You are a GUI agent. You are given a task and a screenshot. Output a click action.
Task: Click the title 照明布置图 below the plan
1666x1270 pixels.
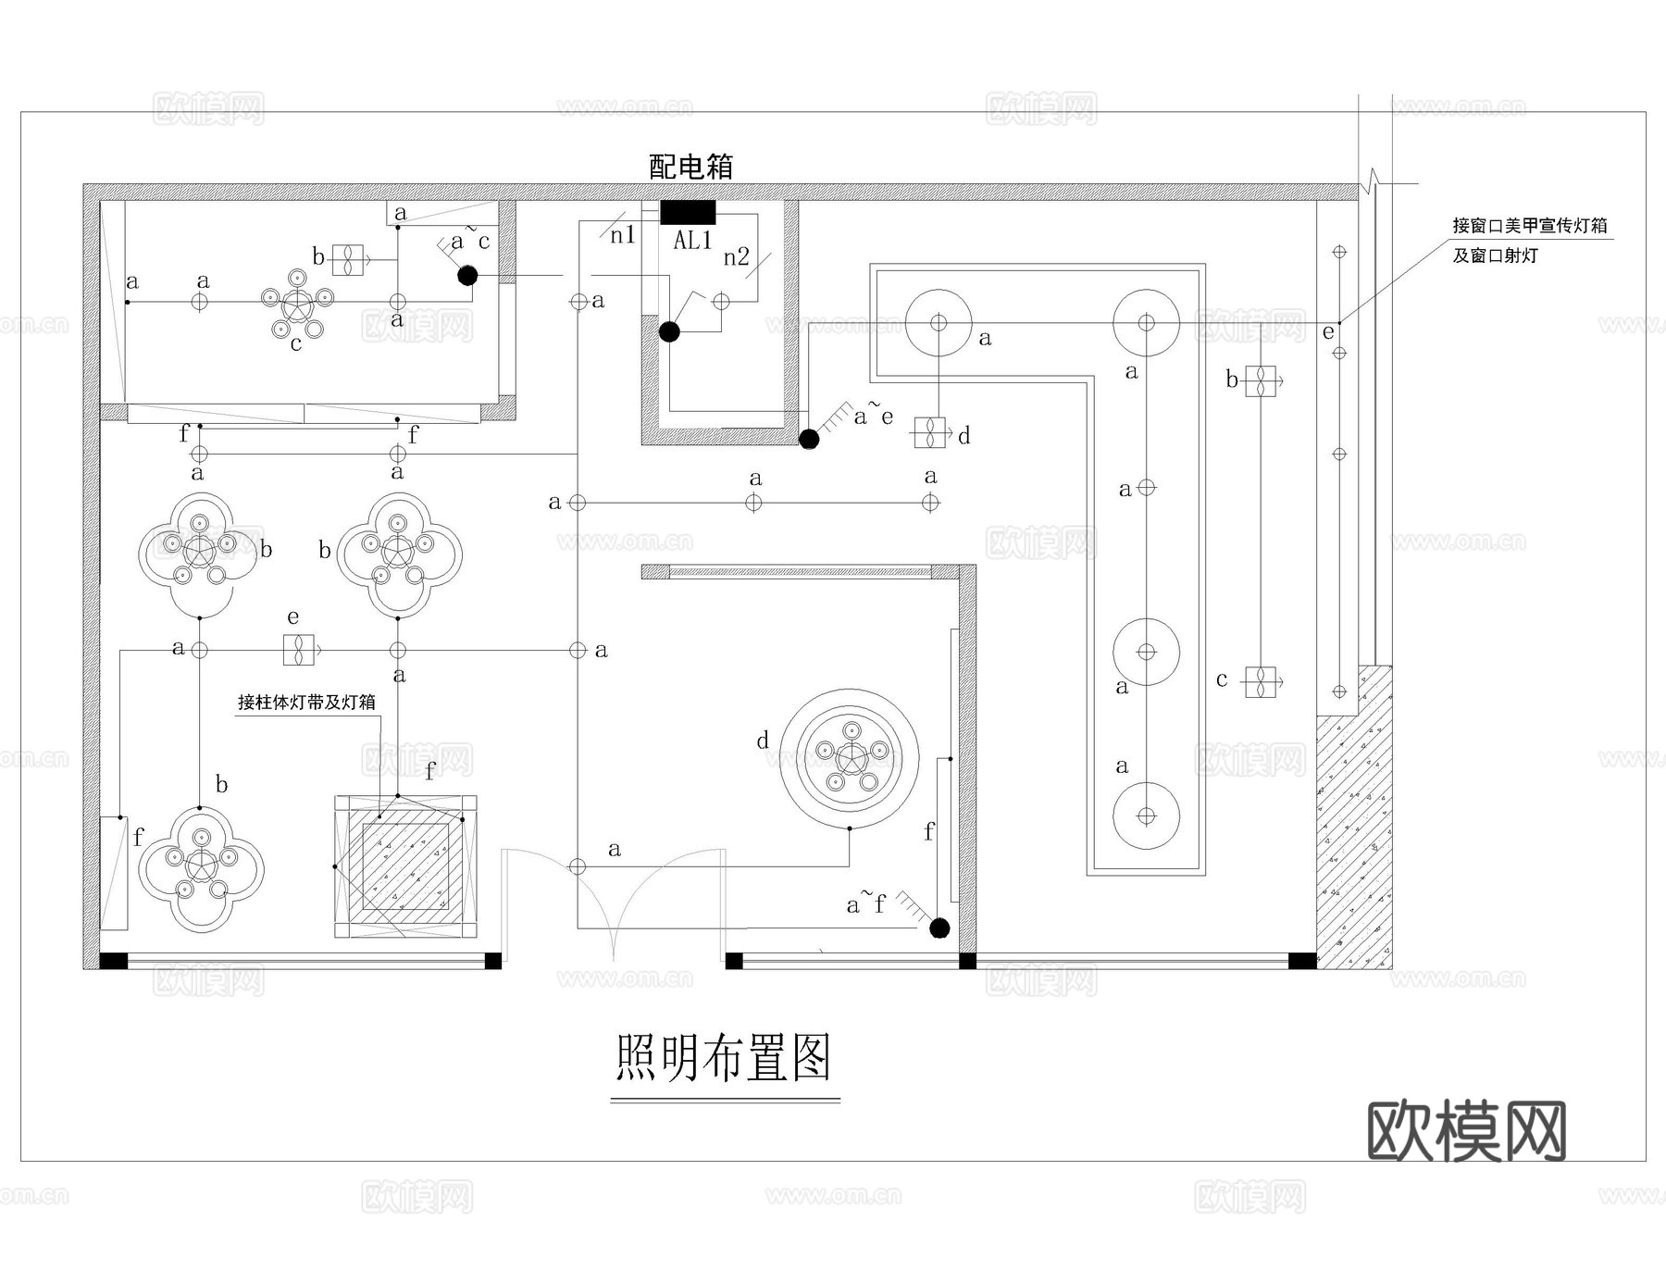click(724, 1057)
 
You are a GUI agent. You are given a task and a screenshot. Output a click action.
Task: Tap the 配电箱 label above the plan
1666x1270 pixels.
click(690, 167)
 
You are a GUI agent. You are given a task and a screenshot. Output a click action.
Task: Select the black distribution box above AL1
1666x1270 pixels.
click(688, 212)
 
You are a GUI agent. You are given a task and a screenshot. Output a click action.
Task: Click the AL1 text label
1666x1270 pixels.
click(692, 241)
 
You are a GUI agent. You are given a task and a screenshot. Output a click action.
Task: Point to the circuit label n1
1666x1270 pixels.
click(623, 235)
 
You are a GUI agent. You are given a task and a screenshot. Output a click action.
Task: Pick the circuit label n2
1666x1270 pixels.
click(736, 256)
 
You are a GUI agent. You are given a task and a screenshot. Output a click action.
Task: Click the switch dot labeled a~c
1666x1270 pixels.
click(467, 275)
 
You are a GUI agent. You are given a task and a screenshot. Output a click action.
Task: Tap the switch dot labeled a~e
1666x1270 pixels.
click(809, 439)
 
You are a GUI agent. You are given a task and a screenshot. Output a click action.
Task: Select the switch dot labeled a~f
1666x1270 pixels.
click(939, 928)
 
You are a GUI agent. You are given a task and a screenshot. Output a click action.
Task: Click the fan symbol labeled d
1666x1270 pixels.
click(930, 432)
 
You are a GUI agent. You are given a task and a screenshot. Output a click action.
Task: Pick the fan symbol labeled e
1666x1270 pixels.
click(299, 650)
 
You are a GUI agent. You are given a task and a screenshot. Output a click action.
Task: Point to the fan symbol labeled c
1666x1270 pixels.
click(1260, 682)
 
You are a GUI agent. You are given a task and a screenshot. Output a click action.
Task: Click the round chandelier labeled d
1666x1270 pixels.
click(850, 756)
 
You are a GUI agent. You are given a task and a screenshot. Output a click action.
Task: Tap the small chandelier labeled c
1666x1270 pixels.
click(297, 304)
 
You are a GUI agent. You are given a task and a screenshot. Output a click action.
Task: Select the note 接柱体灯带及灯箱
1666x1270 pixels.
click(306, 703)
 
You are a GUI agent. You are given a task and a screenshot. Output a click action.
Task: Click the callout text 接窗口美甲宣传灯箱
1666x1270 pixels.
click(1529, 225)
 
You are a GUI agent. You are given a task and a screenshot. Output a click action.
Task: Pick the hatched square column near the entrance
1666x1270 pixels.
click(405, 866)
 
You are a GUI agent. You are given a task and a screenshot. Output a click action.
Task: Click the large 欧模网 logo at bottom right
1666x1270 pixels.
click(1466, 1130)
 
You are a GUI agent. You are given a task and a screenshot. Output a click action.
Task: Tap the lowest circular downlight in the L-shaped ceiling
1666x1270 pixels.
click(1146, 816)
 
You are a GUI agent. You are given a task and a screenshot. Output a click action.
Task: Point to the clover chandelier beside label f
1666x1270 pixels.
click(201, 868)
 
